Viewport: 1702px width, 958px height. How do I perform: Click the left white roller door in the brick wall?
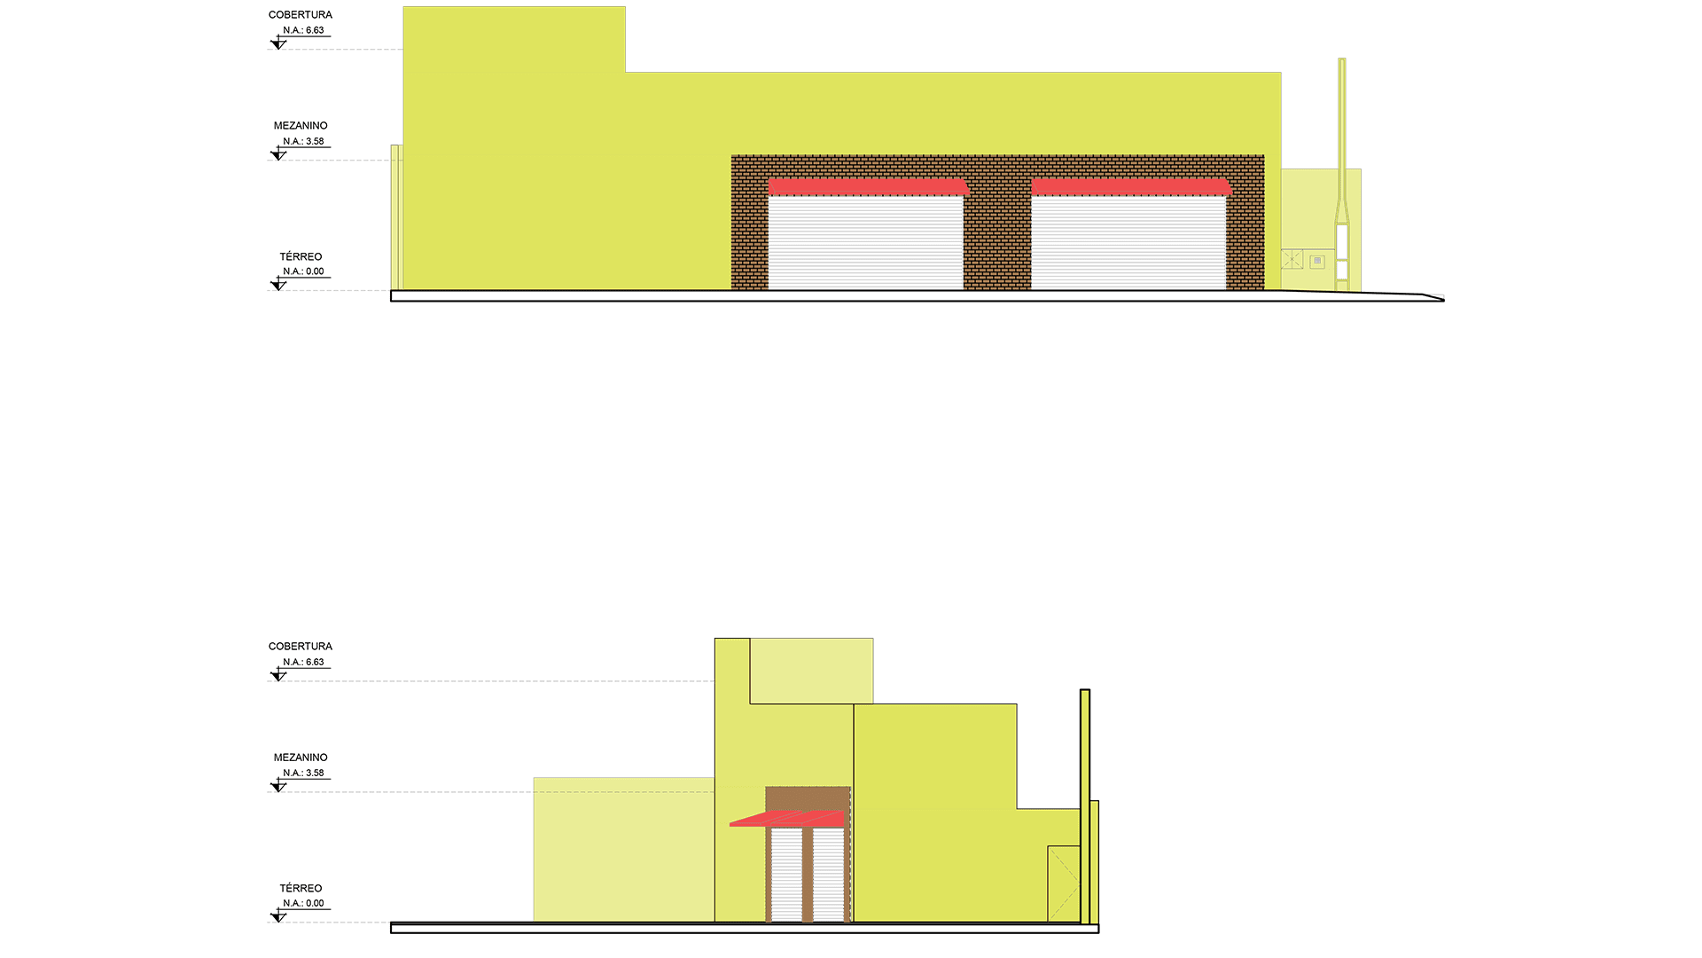coord(865,242)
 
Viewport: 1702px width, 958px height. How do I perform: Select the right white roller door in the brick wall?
coord(1128,242)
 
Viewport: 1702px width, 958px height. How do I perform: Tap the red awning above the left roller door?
coord(869,186)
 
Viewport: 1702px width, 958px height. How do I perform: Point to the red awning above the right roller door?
coord(1132,186)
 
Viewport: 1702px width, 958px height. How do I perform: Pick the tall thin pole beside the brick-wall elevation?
coord(1342,175)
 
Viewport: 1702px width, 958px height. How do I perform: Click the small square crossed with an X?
coord(1292,260)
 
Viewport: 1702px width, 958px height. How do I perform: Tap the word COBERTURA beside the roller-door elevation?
coord(301,15)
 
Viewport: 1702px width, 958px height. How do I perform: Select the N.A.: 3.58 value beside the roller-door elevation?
coord(303,141)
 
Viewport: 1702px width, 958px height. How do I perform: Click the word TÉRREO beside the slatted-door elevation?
coord(301,888)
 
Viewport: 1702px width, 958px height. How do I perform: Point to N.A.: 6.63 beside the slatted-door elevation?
coord(303,662)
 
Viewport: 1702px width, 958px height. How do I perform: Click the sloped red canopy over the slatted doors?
coord(787,818)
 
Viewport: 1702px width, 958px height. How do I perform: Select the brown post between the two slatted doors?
coord(808,875)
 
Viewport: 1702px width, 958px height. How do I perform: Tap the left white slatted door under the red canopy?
coord(786,875)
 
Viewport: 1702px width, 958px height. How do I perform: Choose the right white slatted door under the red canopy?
coord(829,875)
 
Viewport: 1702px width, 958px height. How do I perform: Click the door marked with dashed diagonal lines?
coord(1064,884)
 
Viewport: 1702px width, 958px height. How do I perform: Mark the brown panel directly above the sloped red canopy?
coord(808,798)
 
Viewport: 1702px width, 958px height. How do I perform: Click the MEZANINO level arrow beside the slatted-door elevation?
coord(278,786)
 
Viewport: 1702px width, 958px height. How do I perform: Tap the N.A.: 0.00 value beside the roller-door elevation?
coord(303,271)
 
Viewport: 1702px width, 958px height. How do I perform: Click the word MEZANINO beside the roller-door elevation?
coord(301,126)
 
